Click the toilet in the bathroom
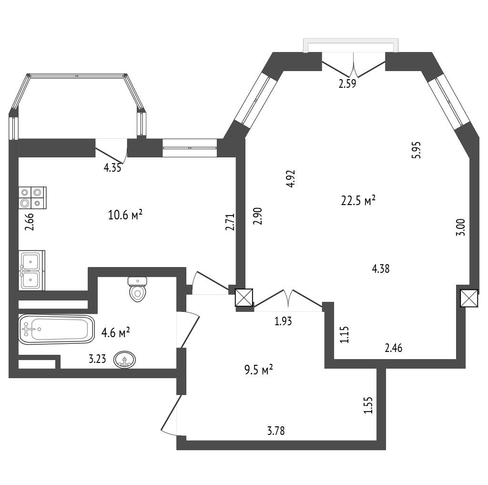click(137, 289)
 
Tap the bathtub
click(56, 329)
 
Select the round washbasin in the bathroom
click(125, 360)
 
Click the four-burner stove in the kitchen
click(32, 198)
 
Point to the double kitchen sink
click(31, 270)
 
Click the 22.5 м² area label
click(358, 201)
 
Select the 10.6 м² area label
click(125, 215)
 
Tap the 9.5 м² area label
click(258, 371)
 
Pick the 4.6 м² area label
click(115, 333)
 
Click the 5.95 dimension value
click(416, 150)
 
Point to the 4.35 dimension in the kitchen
click(112, 168)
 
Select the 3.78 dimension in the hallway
click(276, 431)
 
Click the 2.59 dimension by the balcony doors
click(347, 84)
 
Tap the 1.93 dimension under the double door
click(283, 321)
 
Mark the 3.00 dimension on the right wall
click(461, 227)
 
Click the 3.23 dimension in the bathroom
click(97, 359)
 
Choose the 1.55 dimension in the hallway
click(368, 405)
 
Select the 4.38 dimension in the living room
click(381, 268)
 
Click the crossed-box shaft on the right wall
click(469, 299)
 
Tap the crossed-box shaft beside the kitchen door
click(244, 298)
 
